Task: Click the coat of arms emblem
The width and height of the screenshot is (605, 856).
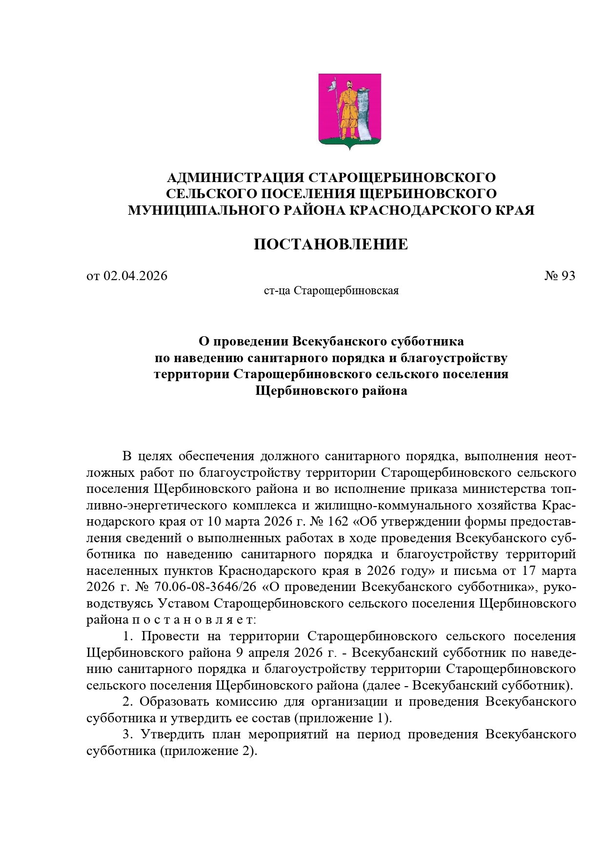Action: coord(349,111)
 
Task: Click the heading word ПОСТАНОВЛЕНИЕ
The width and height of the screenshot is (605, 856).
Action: coord(331,244)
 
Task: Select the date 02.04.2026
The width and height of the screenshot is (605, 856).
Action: coord(135,276)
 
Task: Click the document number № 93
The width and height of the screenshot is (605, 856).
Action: coord(560,276)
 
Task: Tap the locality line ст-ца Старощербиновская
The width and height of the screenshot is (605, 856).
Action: coord(331,291)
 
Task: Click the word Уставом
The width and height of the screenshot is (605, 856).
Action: coord(184,604)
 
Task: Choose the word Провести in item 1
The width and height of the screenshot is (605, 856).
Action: coord(170,636)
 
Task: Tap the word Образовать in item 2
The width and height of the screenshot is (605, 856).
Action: coord(175,702)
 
